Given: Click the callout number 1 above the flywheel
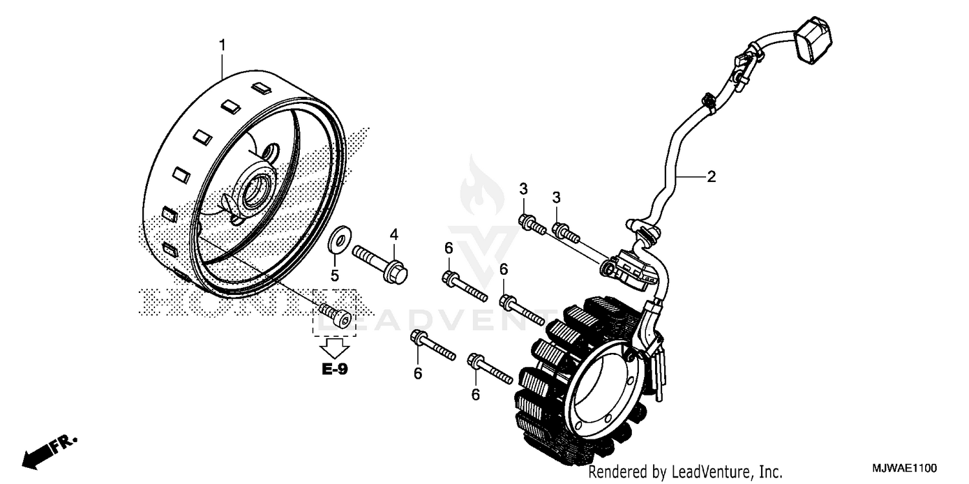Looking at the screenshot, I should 222,45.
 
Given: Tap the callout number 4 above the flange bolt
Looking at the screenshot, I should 393,235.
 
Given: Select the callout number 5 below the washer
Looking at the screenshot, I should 335,276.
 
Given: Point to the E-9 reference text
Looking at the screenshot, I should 335,370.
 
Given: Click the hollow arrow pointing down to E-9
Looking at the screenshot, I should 335,348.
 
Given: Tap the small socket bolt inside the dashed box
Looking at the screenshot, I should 335,316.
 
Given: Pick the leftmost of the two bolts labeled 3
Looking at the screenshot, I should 530,223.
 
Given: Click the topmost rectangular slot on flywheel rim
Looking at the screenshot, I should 260,86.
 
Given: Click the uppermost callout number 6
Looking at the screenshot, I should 448,248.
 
